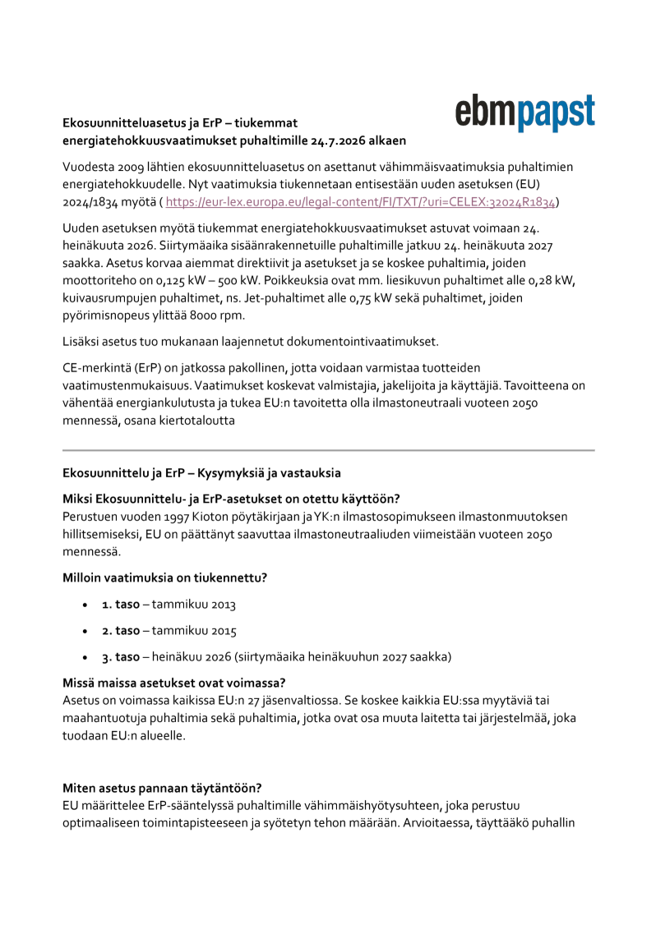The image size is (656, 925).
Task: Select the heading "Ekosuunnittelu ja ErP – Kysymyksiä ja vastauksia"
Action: (201, 473)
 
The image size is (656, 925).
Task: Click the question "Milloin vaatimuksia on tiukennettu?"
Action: (164, 578)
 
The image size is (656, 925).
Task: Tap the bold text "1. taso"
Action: (120, 605)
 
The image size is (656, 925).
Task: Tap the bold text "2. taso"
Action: (121, 631)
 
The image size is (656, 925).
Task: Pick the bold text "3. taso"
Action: (121, 657)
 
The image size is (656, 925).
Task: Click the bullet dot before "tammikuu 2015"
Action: (85, 631)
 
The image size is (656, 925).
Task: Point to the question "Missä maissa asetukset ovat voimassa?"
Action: (173, 683)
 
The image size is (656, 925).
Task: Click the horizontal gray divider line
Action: (328, 450)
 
